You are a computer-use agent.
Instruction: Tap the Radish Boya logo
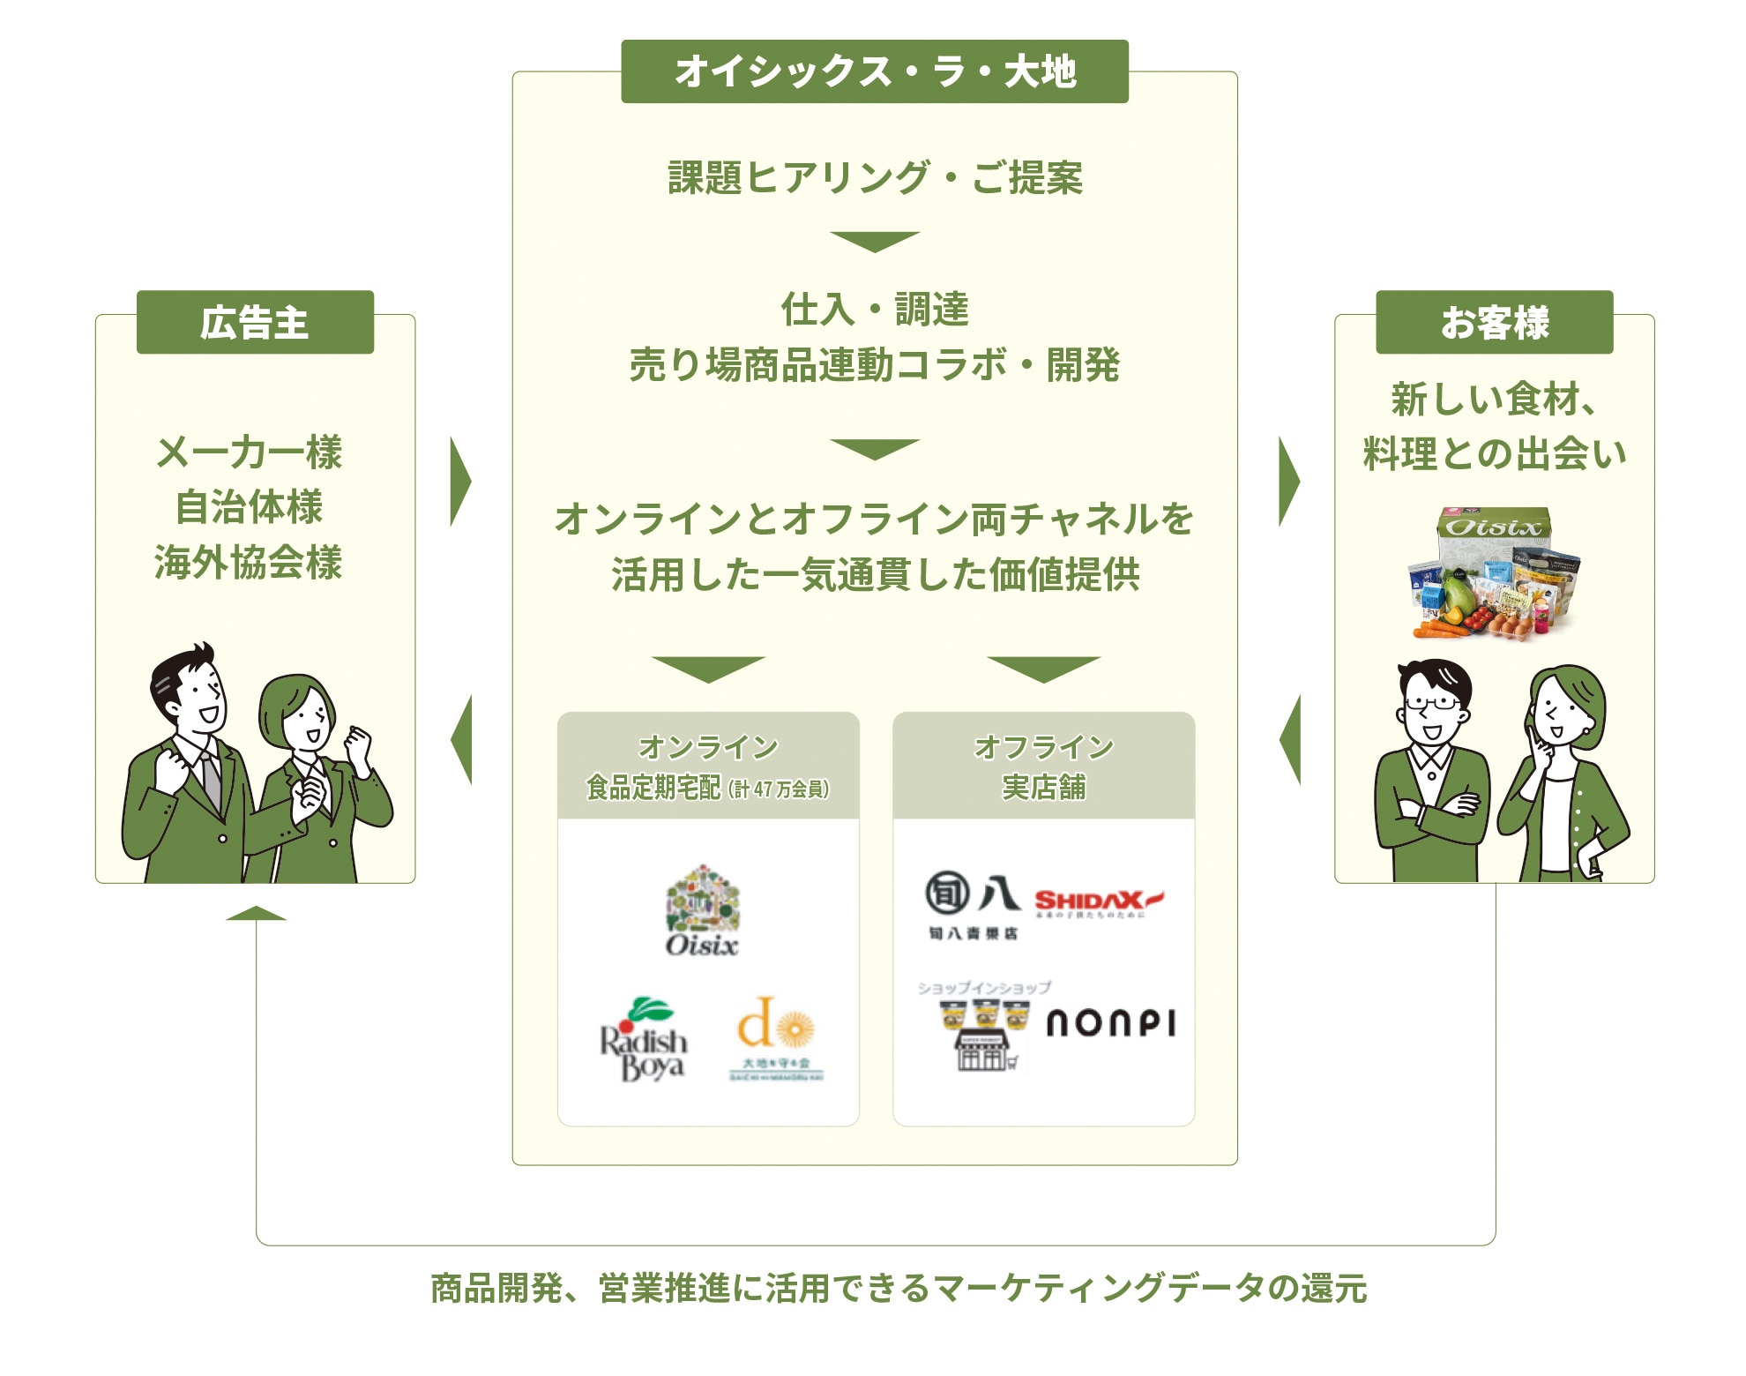click(x=644, y=1041)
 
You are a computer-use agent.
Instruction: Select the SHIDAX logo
click(x=1098, y=901)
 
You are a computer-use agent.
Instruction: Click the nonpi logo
click(x=1110, y=1023)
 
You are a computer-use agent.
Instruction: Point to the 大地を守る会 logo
click(x=776, y=1039)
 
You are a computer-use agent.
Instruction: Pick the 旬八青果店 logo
click(x=972, y=903)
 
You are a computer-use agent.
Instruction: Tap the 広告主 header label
click(x=255, y=323)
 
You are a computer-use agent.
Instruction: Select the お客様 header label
click(x=1494, y=323)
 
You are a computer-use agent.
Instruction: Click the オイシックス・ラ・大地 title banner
click(x=875, y=71)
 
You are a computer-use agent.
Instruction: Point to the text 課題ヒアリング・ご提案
click(x=875, y=178)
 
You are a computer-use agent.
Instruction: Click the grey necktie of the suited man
click(x=212, y=781)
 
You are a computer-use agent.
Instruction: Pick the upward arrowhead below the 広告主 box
click(x=256, y=914)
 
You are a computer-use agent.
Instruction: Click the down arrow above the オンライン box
click(x=708, y=669)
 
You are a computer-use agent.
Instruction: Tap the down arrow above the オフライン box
click(x=1043, y=669)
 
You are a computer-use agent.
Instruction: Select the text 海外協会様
click(x=249, y=563)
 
